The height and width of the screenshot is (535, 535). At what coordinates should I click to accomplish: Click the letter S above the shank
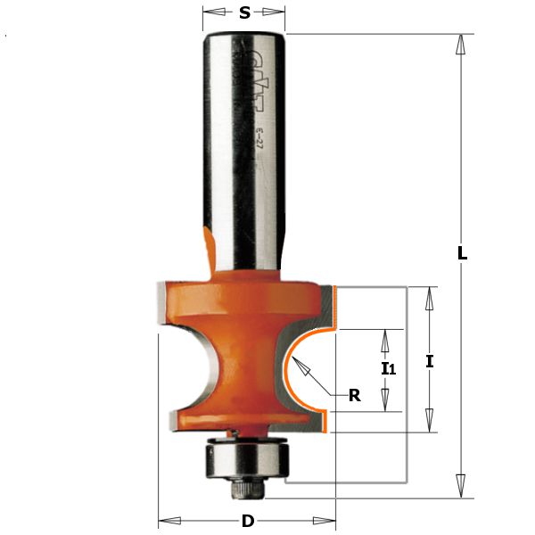tap(244, 13)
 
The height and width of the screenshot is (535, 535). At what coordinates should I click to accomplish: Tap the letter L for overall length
tap(462, 253)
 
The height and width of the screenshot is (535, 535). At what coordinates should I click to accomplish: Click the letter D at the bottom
tap(247, 521)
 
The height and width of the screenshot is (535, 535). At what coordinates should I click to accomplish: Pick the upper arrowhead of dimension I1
tap(386, 336)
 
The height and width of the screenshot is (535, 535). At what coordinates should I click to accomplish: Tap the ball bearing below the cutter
tap(244, 457)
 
